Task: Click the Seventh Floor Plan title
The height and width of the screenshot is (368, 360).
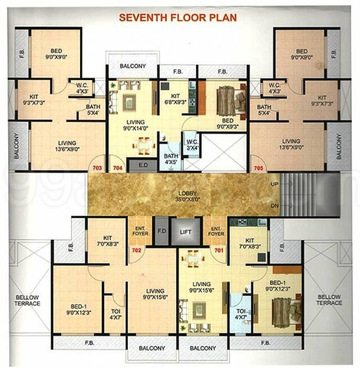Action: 178,18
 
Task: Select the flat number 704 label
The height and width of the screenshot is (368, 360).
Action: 118,168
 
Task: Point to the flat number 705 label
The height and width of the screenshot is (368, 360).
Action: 258,168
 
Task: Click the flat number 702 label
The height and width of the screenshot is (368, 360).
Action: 137,250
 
